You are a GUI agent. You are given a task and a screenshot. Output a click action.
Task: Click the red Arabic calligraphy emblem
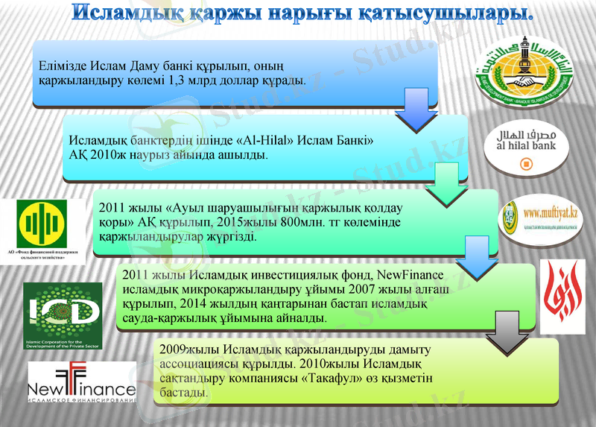click(562, 297)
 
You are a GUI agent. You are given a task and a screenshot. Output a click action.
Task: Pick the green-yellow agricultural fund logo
click(42, 227)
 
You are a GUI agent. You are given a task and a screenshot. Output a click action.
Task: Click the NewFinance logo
click(81, 383)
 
